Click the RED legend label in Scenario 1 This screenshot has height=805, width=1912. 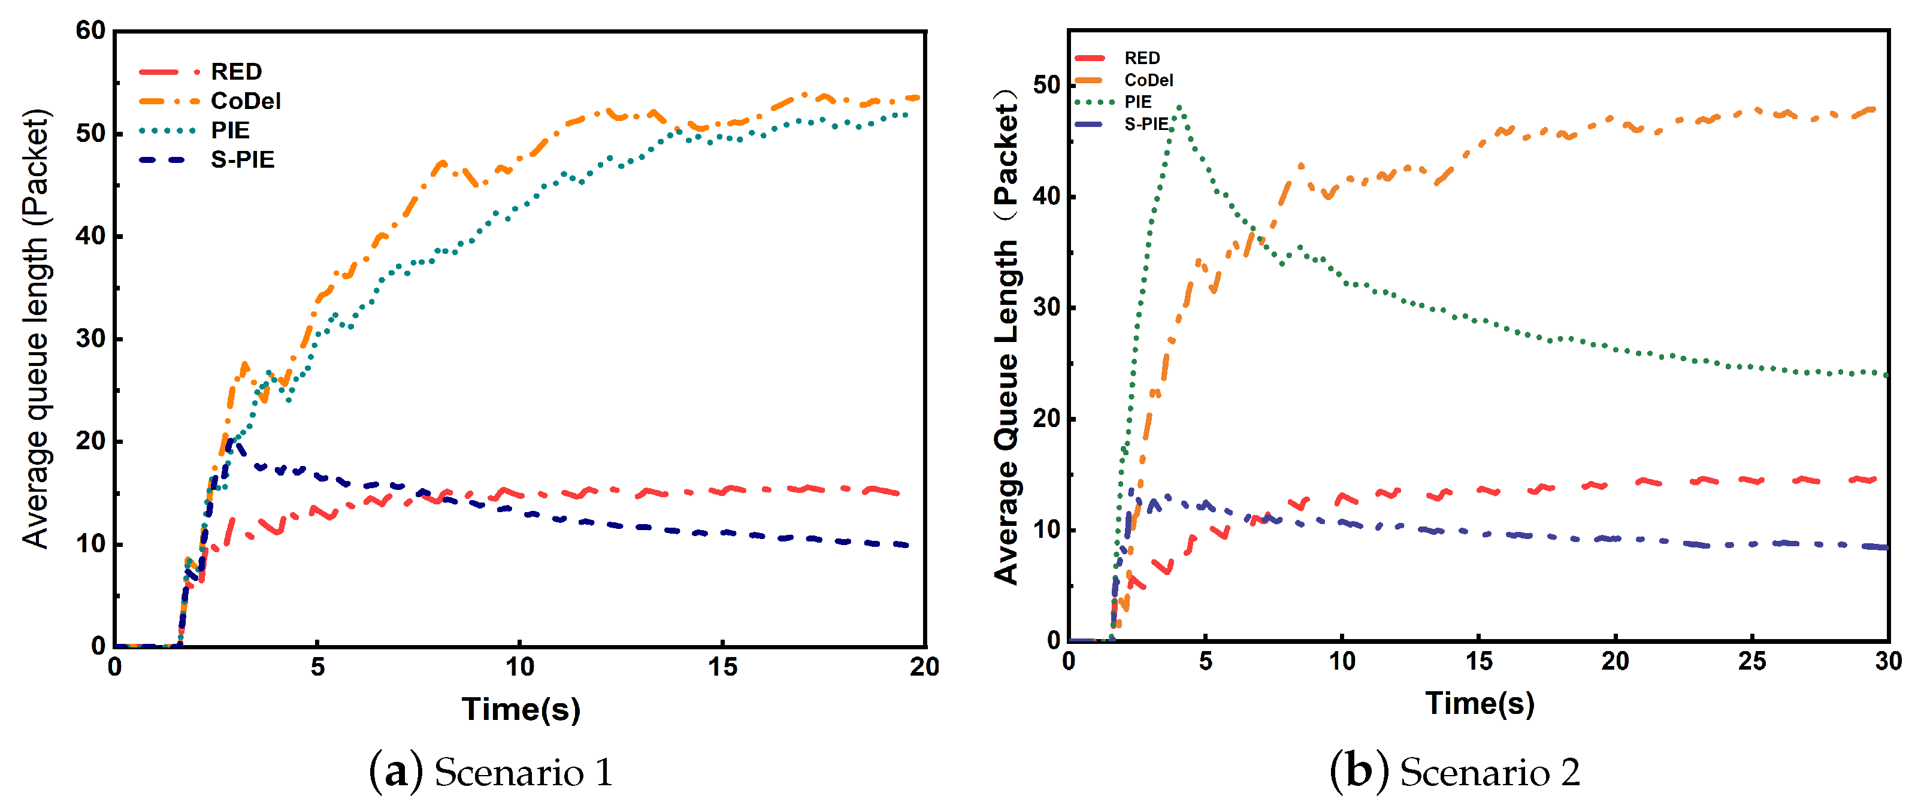236,71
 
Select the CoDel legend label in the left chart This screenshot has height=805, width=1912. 246,101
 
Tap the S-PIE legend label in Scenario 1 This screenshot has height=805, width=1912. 243,159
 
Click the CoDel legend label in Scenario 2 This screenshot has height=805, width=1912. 1148,80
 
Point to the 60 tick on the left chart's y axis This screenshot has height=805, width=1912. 90,31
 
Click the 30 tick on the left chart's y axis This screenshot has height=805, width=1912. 90,338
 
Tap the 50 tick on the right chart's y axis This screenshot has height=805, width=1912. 1046,85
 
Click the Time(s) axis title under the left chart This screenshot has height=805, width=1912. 521,709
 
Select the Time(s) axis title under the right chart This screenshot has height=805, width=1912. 1480,703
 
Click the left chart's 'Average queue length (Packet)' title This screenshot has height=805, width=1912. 35,329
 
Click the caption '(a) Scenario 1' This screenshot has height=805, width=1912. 491,771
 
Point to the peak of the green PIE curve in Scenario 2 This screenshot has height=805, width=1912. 1179,108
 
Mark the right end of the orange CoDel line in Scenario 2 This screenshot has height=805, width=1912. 1875,109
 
